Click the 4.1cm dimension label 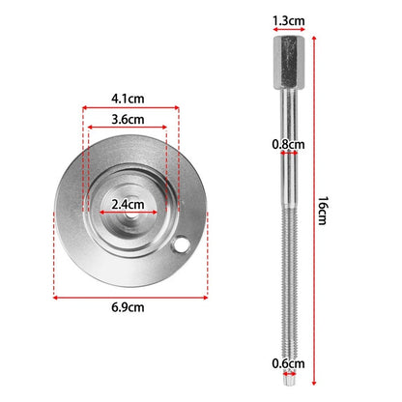click(128, 99)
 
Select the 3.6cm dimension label click(128, 120)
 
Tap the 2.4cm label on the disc click(128, 204)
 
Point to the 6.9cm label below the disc click(128, 307)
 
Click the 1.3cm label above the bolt click(289, 21)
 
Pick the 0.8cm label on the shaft click(289, 144)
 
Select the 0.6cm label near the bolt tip click(289, 363)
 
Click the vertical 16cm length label click(323, 211)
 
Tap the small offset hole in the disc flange click(181, 245)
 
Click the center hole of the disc click(129, 215)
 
